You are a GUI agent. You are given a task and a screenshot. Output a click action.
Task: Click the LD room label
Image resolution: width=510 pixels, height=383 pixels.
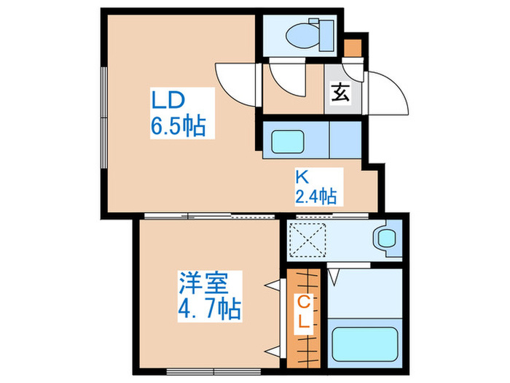point(168,98)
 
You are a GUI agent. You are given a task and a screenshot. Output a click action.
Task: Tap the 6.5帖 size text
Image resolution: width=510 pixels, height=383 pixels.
point(178,126)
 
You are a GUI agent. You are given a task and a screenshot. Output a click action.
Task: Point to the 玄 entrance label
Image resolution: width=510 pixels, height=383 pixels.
point(340,93)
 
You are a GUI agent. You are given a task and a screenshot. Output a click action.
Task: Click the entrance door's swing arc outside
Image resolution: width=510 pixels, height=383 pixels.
point(390,91)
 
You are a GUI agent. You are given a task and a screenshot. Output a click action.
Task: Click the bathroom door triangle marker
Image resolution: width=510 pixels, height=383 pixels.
point(334,276)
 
